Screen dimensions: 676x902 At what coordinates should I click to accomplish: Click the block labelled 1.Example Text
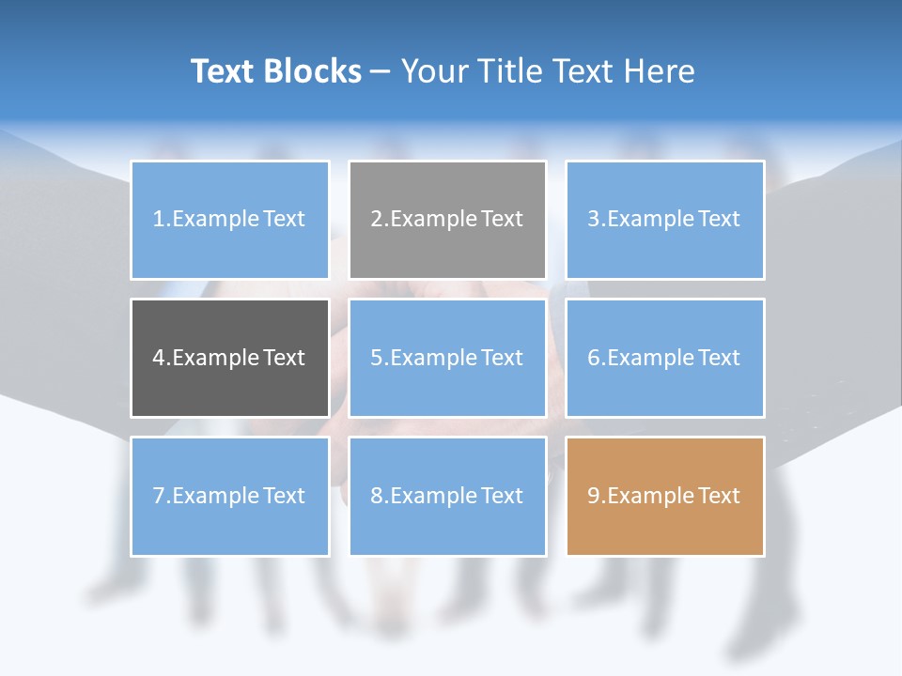click(x=229, y=220)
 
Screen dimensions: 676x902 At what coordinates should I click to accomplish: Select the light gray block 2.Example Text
click(x=447, y=220)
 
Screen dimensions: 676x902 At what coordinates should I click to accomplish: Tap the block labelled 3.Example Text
click(x=664, y=220)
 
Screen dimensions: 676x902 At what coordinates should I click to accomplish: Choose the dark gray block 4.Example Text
click(x=229, y=358)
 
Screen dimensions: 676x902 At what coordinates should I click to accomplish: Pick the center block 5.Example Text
click(x=447, y=358)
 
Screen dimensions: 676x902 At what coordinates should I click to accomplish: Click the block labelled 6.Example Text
click(x=664, y=358)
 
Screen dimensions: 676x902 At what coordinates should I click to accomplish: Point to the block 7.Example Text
click(x=229, y=496)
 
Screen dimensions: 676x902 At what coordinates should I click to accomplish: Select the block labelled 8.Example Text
click(x=447, y=496)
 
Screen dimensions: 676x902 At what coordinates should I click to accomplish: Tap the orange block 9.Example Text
click(x=664, y=496)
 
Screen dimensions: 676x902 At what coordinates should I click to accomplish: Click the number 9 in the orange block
click(x=594, y=496)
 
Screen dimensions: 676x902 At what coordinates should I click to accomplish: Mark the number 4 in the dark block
click(x=159, y=358)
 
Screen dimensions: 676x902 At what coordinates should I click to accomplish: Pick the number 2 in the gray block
click(x=376, y=220)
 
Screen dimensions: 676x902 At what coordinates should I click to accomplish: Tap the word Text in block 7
click(x=284, y=496)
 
